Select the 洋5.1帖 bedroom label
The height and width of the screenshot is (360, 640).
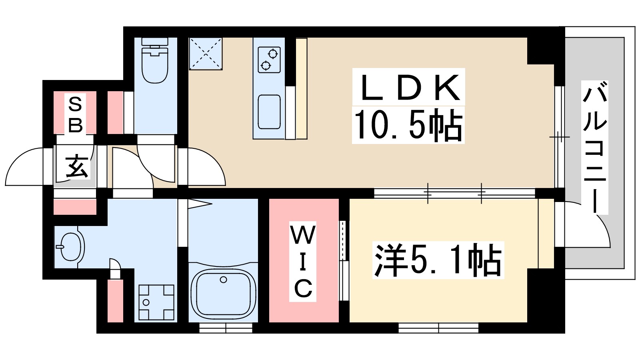pyautogui.click(x=438, y=260)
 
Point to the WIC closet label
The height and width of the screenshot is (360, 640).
pyautogui.click(x=303, y=262)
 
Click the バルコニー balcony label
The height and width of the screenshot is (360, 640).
pyautogui.click(x=595, y=147)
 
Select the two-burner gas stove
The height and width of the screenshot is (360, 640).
pyautogui.click(x=269, y=60)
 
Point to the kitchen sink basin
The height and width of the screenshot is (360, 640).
pyautogui.click(x=269, y=112)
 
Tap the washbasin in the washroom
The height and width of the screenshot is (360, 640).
pyautogui.click(x=72, y=246)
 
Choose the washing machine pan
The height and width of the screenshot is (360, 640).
pyautogui.click(x=156, y=302)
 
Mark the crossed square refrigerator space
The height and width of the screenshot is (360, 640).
pyautogui.click(x=206, y=54)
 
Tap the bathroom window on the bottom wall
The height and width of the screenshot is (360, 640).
pyautogui.click(x=226, y=328)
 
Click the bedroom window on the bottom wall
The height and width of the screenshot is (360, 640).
pyautogui.click(x=438, y=328)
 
